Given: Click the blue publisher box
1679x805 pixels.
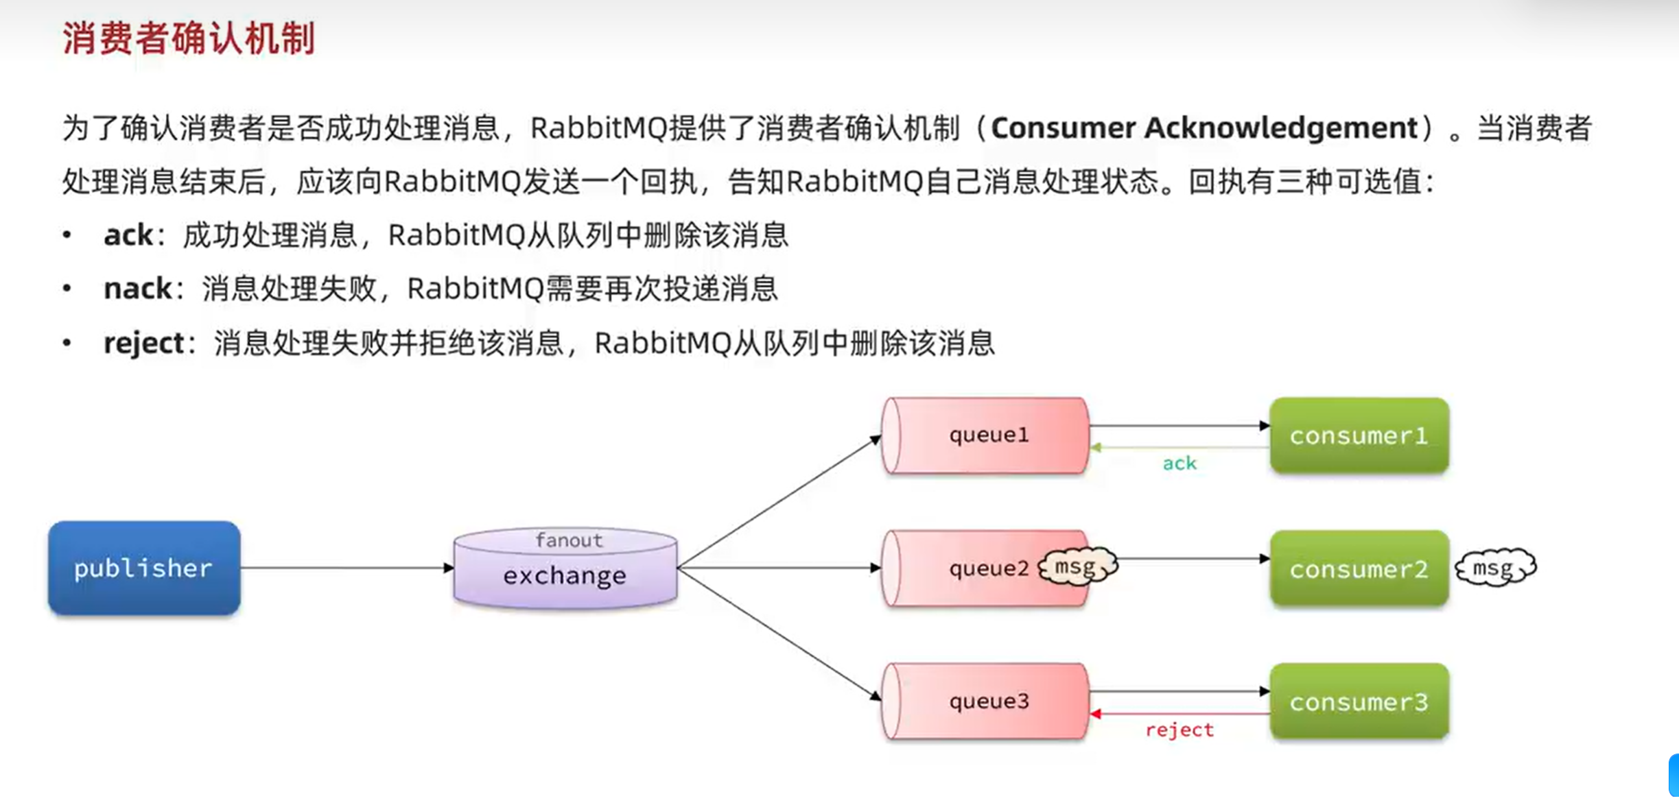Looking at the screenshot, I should tap(144, 568).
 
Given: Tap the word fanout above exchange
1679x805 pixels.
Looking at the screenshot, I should tap(569, 540).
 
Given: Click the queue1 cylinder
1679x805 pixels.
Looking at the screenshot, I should tap(986, 435).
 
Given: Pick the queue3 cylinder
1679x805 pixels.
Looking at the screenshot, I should tap(986, 701).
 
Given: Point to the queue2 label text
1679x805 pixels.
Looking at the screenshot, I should tap(989, 568).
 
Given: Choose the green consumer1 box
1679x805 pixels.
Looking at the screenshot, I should tap(1359, 435).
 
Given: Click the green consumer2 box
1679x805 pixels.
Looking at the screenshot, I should tap(1359, 568).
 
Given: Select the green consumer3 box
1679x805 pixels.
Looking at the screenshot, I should tap(1359, 701).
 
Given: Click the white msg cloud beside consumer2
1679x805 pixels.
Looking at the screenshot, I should tap(1495, 568).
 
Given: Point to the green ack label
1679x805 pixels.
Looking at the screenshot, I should tap(1179, 464).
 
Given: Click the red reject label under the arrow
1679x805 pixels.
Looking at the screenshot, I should tap(1179, 730).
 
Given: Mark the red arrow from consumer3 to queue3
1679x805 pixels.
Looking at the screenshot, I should tap(1179, 714).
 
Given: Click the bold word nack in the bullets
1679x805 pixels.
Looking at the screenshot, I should tap(137, 289).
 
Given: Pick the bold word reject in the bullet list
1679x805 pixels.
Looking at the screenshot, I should tap(143, 343).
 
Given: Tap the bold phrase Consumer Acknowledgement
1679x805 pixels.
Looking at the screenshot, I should tap(1204, 128).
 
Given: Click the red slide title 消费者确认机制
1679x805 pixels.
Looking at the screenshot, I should tap(189, 38).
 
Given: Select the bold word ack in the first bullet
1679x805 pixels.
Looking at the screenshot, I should tap(128, 235).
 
